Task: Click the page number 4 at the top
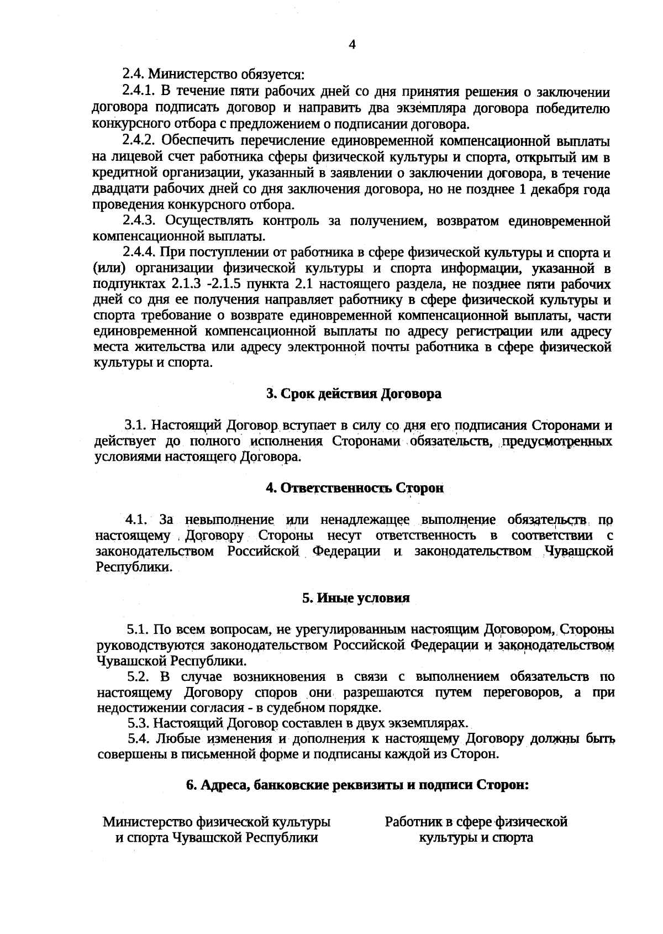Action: [x=352, y=45]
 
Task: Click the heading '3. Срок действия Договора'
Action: [x=354, y=394]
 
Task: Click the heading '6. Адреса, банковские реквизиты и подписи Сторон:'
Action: [x=357, y=785]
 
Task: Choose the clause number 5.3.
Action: [x=139, y=723]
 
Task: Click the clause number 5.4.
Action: [x=139, y=739]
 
